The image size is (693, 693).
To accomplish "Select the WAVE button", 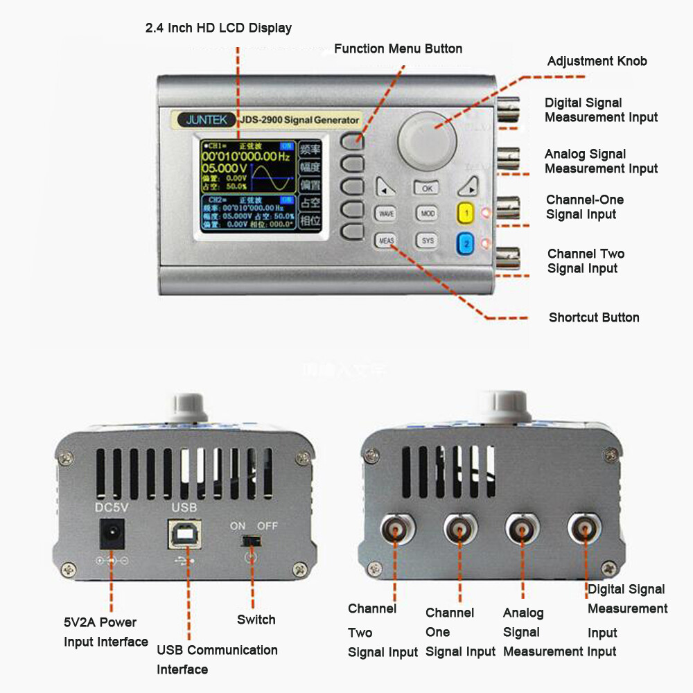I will (386, 214).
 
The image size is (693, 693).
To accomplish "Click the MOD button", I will (428, 213).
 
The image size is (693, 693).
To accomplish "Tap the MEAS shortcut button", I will (386, 240).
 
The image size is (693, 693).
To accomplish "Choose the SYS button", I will (428, 240).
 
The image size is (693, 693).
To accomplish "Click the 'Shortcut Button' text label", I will (594, 317).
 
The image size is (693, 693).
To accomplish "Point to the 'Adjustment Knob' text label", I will (597, 61).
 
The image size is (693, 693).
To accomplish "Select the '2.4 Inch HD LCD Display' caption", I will (218, 28).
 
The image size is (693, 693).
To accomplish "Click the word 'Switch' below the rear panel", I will (256, 620).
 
